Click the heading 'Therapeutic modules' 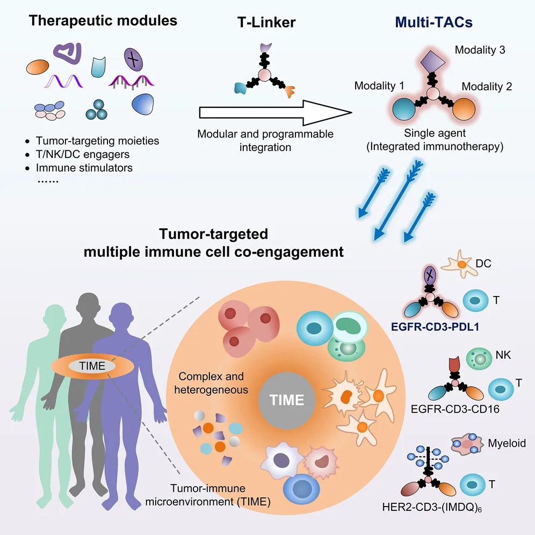coord(103,21)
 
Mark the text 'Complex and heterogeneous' coord(211,382)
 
